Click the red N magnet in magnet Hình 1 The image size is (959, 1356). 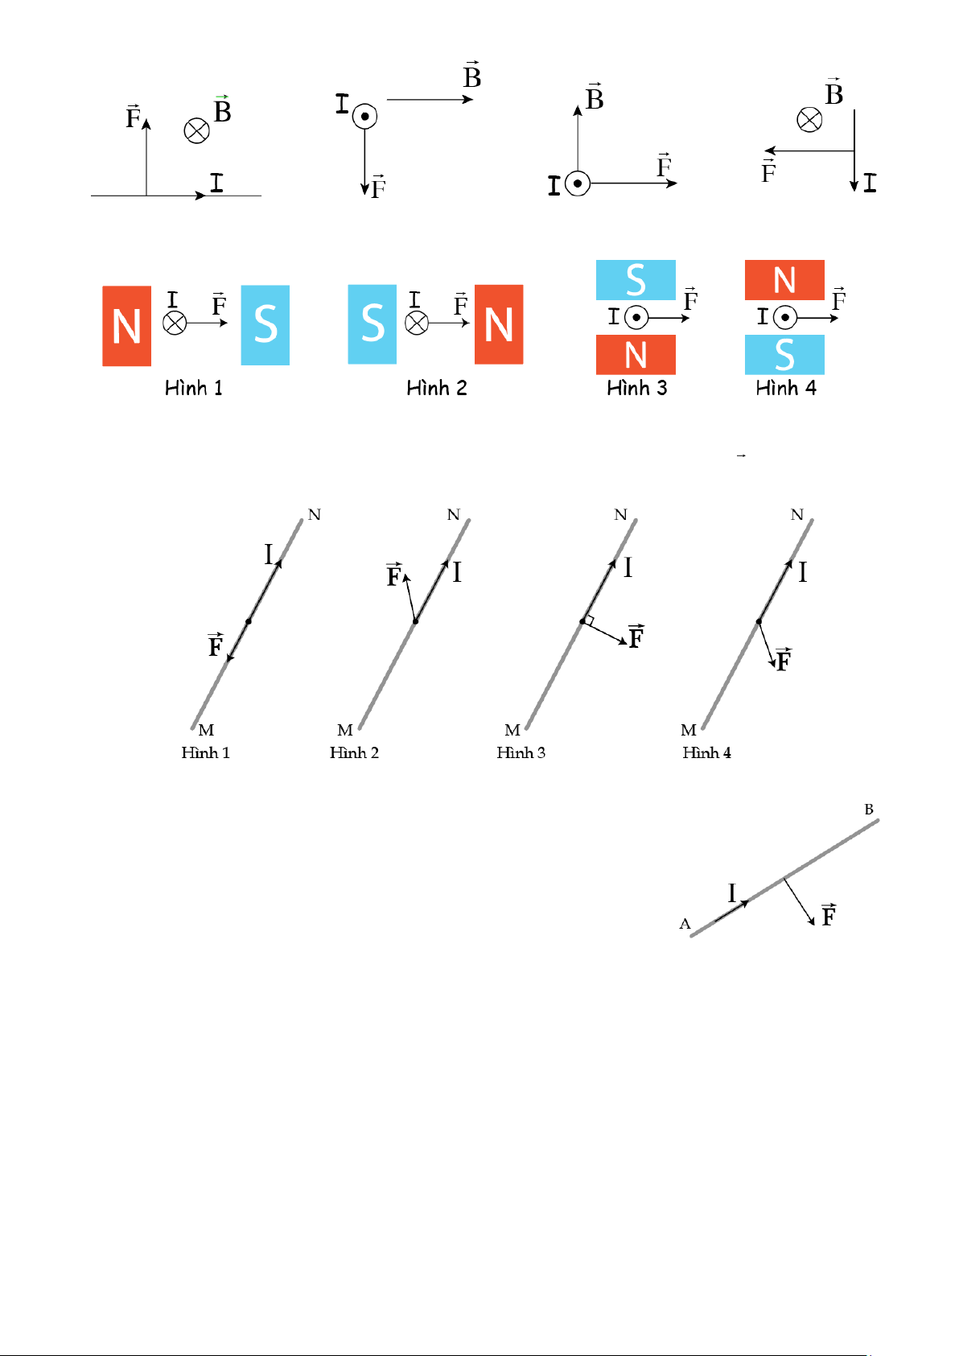[x=126, y=326]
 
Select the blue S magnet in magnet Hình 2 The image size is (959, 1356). [x=372, y=324]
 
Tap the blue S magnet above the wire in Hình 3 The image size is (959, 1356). [x=636, y=280]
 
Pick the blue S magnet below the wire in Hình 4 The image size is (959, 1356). [x=784, y=355]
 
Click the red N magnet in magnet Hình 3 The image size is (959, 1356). [x=636, y=355]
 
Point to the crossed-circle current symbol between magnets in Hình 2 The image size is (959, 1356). [x=416, y=323]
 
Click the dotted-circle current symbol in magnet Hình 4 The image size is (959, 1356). [x=784, y=317]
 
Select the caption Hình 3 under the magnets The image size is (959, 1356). [x=636, y=388]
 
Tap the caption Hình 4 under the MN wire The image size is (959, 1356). [x=706, y=752]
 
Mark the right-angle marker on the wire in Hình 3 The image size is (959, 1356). [x=589, y=620]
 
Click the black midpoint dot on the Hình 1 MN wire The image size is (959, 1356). [x=248, y=621]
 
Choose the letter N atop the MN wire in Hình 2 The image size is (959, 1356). [x=453, y=514]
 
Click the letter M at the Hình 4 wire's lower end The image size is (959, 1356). [x=688, y=730]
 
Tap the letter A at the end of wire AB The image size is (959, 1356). [x=685, y=924]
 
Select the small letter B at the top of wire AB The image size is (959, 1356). [x=869, y=810]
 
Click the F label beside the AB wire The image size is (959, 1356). [x=829, y=914]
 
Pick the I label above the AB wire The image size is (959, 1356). [x=731, y=893]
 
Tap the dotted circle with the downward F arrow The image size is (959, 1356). [x=364, y=116]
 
